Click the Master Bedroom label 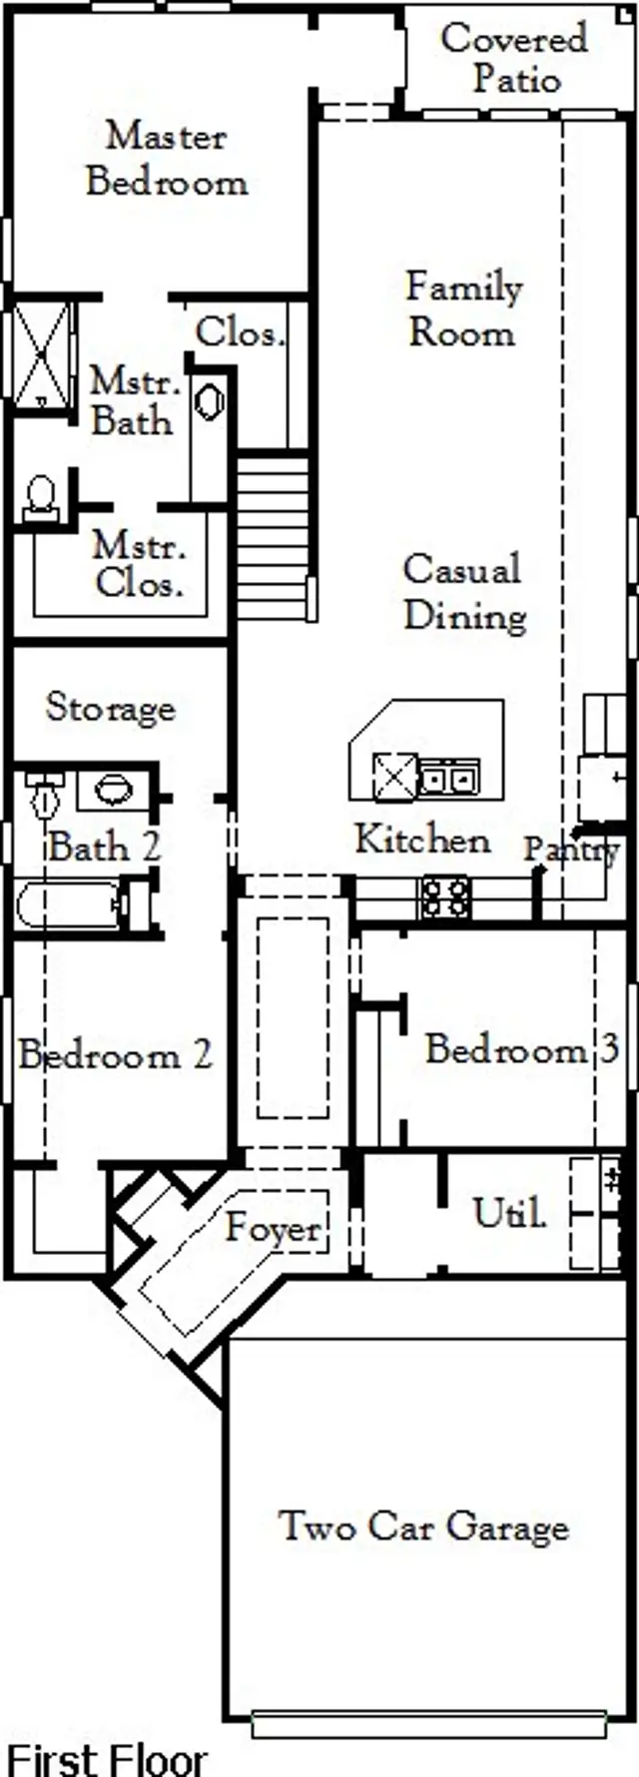coord(166,159)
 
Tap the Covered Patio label coord(514,58)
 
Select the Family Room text coord(463,309)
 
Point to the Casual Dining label coord(463,592)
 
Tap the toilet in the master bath coord(41,497)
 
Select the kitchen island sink coord(448,777)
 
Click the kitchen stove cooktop coord(445,896)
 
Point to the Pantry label coord(572,850)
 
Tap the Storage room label coord(111,708)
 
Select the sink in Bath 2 coord(112,790)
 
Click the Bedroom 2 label coord(116,1055)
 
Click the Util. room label coord(509,1213)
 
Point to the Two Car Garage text coord(423,1526)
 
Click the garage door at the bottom coord(429,1724)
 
